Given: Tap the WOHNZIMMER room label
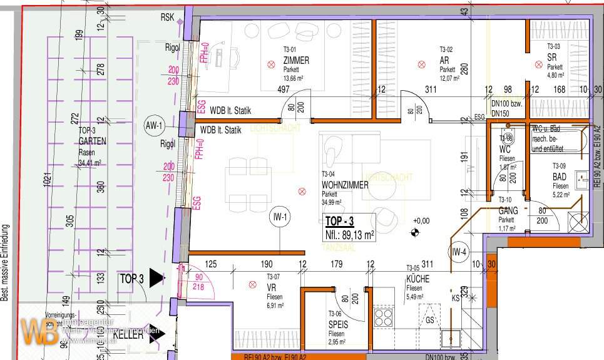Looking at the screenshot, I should [x=345, y=185].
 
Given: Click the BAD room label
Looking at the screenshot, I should [x=560, y=177].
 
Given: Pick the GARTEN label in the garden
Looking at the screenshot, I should [x=92, y=142].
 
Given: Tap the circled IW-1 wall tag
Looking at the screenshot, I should [x=280, y=218].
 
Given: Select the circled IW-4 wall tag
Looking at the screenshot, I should [x=461, y=252].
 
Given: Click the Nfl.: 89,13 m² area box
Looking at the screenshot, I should [x=349, y=235].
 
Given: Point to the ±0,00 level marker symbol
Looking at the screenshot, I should [x=414, y=234].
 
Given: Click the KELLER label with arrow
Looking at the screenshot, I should [x=128, y=336].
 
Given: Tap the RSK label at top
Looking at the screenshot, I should [x=168, y=17].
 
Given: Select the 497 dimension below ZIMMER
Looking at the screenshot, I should [x=284, y=90].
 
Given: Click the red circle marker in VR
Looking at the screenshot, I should [x=252, y=285].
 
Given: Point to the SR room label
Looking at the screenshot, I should [x=551, y=56].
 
